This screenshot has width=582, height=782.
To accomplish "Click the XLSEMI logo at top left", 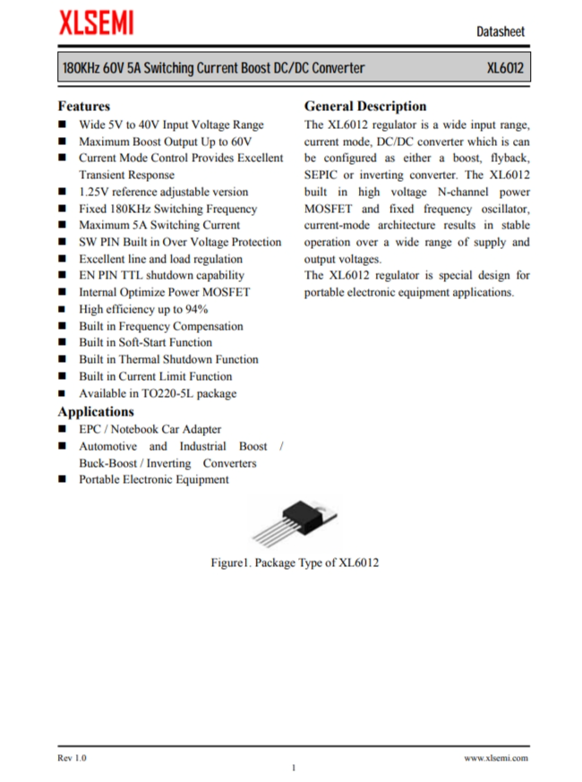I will [96, 24].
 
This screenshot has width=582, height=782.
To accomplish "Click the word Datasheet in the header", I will [501, 31].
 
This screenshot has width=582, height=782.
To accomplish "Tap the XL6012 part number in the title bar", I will [505, 68].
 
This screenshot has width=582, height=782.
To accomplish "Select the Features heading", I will [84, 106].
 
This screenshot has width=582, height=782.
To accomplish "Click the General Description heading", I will [365, 106].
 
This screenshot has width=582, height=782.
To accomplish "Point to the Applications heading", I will [96, 411].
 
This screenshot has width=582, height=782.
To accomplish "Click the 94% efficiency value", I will [196, 309].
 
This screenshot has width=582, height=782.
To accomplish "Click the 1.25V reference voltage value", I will [94, 192].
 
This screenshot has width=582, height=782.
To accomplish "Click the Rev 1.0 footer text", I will [73, 758].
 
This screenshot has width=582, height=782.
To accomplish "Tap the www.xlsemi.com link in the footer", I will [495, 758].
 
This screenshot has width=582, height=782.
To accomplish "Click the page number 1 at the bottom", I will [293, 768].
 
